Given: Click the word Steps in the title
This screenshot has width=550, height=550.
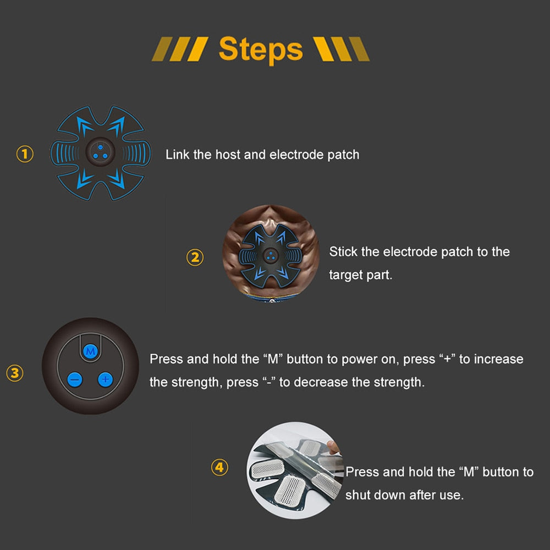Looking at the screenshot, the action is (x=261, y=50).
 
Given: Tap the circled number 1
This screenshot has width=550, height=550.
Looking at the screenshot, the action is (x=25, y=154).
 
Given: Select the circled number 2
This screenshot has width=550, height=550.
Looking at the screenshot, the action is (x=195, y=257).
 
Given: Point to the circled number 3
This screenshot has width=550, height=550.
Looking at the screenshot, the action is (x=15, y=373).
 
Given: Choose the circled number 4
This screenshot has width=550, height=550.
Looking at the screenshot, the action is (x=219, y=467).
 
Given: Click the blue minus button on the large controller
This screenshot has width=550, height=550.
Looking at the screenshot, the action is (x=75, y=380).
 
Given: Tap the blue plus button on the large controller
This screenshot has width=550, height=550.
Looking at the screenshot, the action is (x=106, y=379).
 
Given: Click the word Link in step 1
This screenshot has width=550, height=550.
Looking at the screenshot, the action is (x=178, y=155).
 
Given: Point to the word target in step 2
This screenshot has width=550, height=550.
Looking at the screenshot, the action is (x=346, y=275).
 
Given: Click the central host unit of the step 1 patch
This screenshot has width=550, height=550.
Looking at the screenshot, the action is (x=100, y=152).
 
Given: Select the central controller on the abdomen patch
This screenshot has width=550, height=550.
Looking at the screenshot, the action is (x=270, y=256).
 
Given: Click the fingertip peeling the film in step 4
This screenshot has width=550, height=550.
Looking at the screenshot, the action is (x=334, y=447).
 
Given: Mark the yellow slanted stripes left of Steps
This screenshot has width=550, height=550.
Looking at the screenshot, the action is (x=180, y=49).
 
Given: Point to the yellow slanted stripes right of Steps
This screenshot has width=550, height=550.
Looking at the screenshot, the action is (x=342, y=49).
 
